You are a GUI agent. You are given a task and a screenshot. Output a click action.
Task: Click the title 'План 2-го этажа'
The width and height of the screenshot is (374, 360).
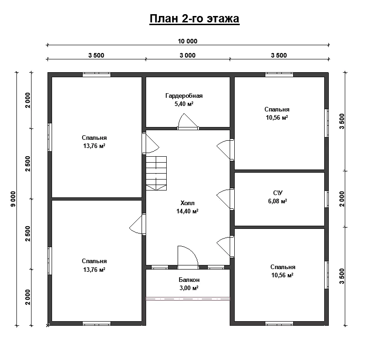[195, 19]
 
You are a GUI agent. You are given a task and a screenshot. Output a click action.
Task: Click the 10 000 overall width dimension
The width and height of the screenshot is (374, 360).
[188, 41]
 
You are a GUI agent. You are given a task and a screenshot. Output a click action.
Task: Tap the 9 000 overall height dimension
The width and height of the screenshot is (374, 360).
[13, 199]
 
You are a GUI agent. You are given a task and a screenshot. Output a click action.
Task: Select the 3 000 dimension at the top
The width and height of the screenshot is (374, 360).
[188, 55]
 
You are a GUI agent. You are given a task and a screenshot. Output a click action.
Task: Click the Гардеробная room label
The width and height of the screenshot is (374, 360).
[184, 95]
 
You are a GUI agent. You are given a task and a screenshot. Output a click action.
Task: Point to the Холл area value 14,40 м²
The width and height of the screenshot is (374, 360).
[188, 211]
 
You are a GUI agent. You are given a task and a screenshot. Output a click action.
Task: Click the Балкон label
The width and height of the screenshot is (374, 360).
[189, 280]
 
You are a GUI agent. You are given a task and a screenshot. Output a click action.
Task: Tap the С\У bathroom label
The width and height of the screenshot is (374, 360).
[278, 193]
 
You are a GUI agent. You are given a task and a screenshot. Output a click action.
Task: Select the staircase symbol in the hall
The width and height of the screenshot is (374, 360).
[156, 173]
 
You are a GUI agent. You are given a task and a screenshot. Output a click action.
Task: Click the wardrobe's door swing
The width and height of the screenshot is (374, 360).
[188, 121]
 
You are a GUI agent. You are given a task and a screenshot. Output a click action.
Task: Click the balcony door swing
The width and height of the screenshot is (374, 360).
[188, 256]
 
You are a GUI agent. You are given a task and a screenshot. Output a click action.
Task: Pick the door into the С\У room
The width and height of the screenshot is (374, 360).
[225, 200]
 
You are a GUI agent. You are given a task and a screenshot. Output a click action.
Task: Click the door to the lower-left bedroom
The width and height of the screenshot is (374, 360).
[137, 224]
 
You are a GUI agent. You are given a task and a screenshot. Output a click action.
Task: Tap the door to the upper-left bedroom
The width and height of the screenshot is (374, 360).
[151, 143]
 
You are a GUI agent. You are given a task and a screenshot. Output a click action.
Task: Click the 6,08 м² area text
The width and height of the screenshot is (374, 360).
[277, 201]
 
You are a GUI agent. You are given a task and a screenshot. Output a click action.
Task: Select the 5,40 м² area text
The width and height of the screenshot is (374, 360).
[184, 104]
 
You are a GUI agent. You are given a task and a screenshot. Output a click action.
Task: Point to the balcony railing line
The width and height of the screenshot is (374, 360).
[188, 298]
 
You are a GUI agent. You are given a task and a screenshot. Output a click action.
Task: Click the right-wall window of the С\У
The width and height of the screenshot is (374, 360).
[327, 199]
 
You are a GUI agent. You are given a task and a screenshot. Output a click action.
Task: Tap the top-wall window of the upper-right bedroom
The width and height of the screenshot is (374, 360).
[279, 74]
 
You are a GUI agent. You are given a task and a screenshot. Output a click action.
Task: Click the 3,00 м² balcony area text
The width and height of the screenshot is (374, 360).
[189, 288]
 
